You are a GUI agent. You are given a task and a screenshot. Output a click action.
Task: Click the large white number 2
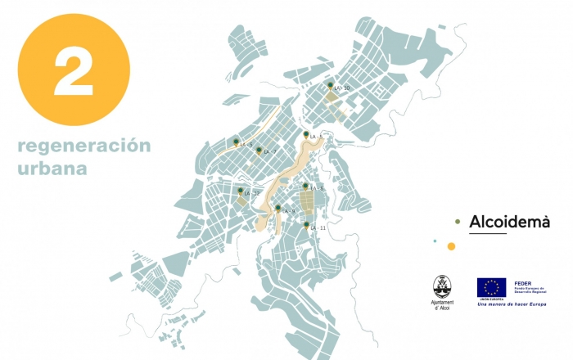pyautogui.click(x=74, y=71)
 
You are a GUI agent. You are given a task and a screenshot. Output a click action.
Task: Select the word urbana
pyautogui.click(x=52, y=169)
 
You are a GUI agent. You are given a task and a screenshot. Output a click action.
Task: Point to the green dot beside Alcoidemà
pyautogui.click(x=458, y=222)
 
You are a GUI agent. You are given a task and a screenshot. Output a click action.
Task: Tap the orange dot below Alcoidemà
pyautogui.click(x=450, y=245)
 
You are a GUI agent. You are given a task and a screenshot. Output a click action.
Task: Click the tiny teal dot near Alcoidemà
pyautogui.click(x=435, y=241)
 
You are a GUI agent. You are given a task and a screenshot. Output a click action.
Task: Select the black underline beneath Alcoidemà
pyautogui.click(x=488, y=234)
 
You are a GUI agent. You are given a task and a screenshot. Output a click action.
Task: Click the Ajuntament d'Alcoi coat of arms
pyautogui.click(x=441, y=286)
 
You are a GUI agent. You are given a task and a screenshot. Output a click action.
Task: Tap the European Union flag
pyautogui.click(x=491, y=287)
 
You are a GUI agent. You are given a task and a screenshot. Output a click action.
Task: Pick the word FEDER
pyautogui.click(x=521, y=282)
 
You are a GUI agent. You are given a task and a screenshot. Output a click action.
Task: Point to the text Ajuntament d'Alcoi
pyautogui.click(x=441, y=306)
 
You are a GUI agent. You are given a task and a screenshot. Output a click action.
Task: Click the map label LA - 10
pyautogui.click(x=342, y=88)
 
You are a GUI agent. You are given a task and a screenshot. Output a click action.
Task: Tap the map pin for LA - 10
pyautogui.click(x=331, y=85)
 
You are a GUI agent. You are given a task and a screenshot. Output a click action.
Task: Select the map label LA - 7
pyautogui.click(x=270, y=152)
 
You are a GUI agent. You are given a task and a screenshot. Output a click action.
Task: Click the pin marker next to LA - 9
pyautogui.click(x=278, y=207)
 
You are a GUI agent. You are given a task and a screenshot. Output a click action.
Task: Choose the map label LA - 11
pyautogui.click(x=318, y=227)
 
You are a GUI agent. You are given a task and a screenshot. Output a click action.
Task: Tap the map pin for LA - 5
pyautogui.click(x=305, y=186)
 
